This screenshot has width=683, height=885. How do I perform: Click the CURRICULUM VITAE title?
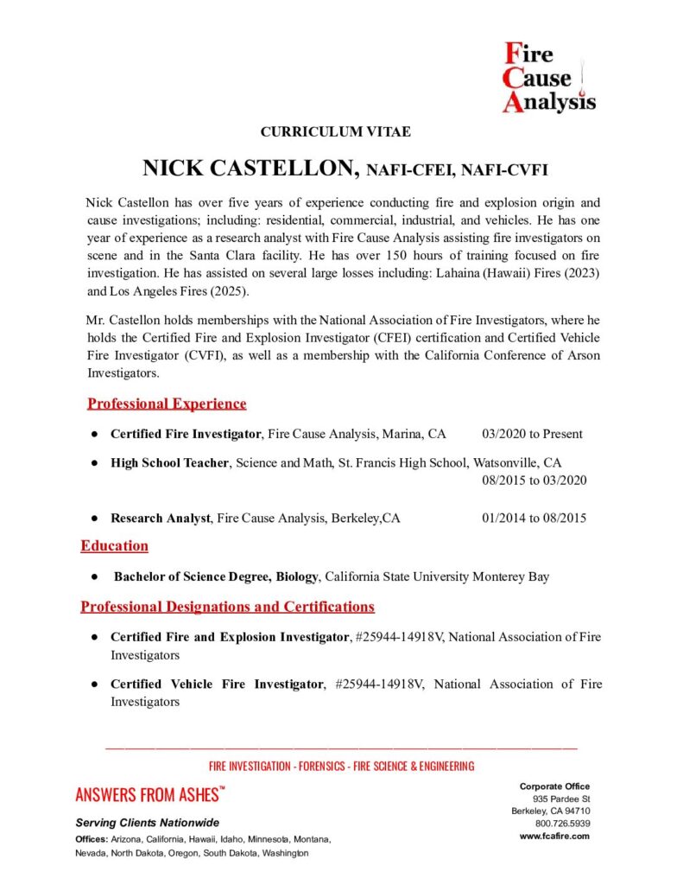335,132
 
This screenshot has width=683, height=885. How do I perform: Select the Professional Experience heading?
167,404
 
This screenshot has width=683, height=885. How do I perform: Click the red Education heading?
114,545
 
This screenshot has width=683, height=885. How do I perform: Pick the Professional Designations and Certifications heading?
227,606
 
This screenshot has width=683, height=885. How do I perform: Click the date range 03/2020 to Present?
532,434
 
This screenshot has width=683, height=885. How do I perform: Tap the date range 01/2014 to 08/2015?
534,519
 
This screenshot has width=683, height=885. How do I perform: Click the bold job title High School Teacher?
169,462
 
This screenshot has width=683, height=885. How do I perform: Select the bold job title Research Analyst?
160,519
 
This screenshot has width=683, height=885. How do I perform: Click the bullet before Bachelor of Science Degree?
92,576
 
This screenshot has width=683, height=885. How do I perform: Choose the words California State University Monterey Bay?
437,576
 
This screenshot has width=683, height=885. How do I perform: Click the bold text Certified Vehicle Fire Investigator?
216,684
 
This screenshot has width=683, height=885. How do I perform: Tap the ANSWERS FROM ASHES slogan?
150,794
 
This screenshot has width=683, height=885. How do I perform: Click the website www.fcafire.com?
554,836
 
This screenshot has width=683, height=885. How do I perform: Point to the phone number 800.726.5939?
562,824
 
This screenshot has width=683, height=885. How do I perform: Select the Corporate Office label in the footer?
554,786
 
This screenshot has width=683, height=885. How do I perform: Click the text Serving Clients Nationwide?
148,822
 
